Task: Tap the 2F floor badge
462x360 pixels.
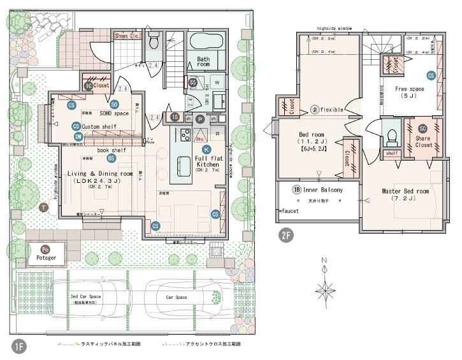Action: (x=287, y=234)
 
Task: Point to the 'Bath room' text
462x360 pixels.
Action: (x=203, y=62)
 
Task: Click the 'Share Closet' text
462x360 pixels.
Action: (x=424, y=141)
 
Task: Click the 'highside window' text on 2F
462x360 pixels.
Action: (x=334, y=29)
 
